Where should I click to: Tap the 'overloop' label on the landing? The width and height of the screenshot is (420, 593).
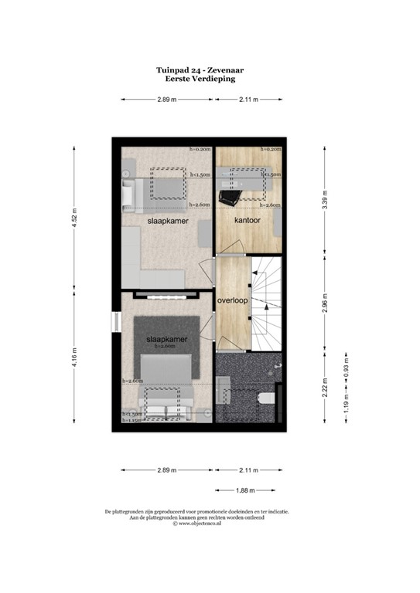pyautogui.click(x=232, y=300)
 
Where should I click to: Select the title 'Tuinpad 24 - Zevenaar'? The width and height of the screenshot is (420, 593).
pyautogui.click(x=200, y=69)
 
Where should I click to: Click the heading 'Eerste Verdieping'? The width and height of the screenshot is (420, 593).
pyautogui.click(x=200, y=79)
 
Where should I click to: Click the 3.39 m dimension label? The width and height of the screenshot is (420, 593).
pyautogui.click(x=325, y=203)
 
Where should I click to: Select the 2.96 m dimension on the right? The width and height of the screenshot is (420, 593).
pyautogui.click(x=326, y=306)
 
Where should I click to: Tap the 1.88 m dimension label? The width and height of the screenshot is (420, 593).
pyautogui.click(x=247, y=490)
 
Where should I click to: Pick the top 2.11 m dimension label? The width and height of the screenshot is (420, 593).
pyautogui.click(x=248, y=100)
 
